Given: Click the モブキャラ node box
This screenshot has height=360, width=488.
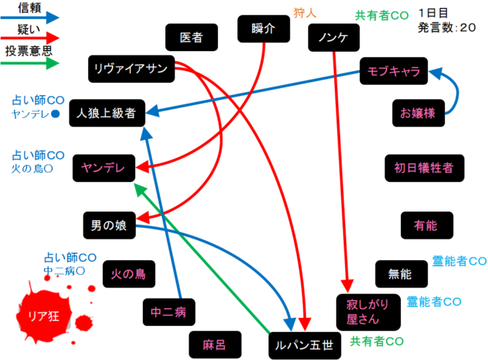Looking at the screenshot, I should (393, 72).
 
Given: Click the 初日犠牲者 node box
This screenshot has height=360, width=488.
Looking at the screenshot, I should (424, 168).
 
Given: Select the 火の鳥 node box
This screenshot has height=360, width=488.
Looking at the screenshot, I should (128, 274).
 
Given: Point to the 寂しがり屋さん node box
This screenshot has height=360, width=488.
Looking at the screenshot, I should (368, 312).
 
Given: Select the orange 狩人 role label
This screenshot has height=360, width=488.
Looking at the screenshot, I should (305, 13).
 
